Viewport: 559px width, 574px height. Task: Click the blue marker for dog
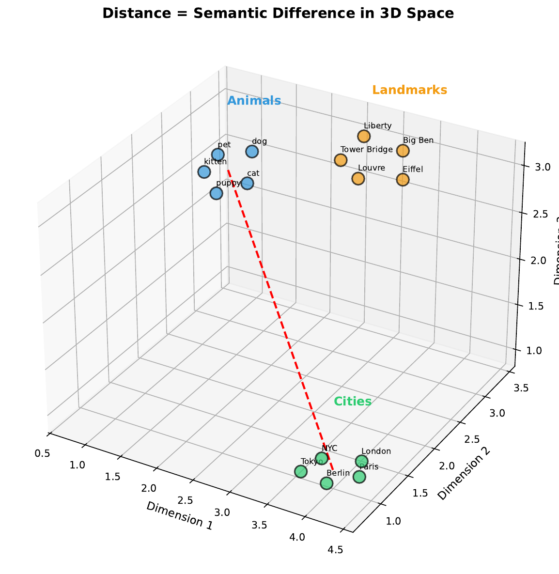point(252,152)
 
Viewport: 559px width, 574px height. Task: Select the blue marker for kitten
point(204,172)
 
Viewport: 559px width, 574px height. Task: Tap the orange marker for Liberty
point(364,136)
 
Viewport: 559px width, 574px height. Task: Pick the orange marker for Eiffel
point(403,180)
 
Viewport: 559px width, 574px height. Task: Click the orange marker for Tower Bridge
point(341,160)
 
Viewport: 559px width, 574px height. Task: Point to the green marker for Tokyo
point(301,471)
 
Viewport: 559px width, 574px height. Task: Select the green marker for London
point(362,461)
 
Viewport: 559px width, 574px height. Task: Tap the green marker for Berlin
point(326,483)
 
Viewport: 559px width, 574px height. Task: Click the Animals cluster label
point(254,101)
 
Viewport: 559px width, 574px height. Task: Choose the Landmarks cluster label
point(409,90)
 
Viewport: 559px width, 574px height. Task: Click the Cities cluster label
point(353,402)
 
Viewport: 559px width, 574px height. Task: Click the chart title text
point(278,14)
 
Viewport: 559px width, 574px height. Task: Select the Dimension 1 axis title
point(179,515)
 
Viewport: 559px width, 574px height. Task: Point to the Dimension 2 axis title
point(464,473)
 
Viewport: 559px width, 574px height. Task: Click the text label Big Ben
point(418,140)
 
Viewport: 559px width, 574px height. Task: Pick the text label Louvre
point(371,168)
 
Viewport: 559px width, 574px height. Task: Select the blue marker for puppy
point(216,193)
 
